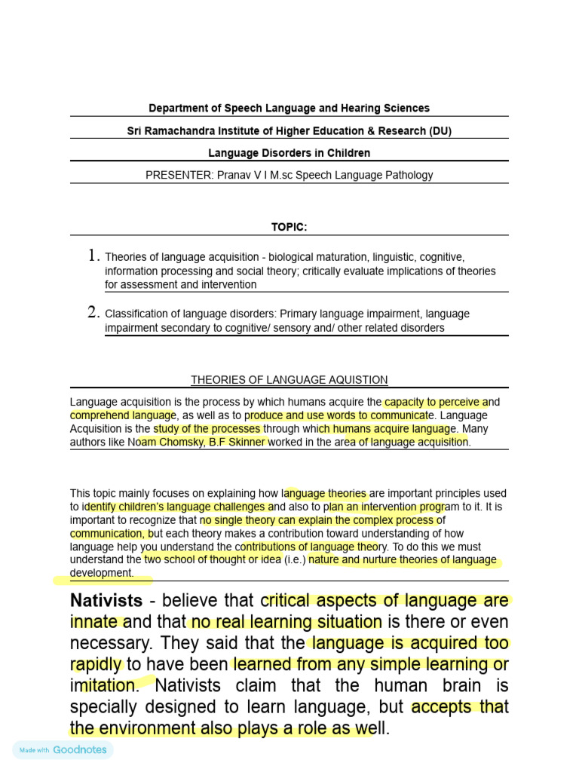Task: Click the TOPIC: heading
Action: [289, 227]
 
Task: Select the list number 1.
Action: [93, 256]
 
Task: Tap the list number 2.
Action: [93, 313]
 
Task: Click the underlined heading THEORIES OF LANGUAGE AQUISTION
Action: [289, 380]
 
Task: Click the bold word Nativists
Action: [106, 601]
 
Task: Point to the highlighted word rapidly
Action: [96, 664]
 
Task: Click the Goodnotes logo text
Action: [80, 750]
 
